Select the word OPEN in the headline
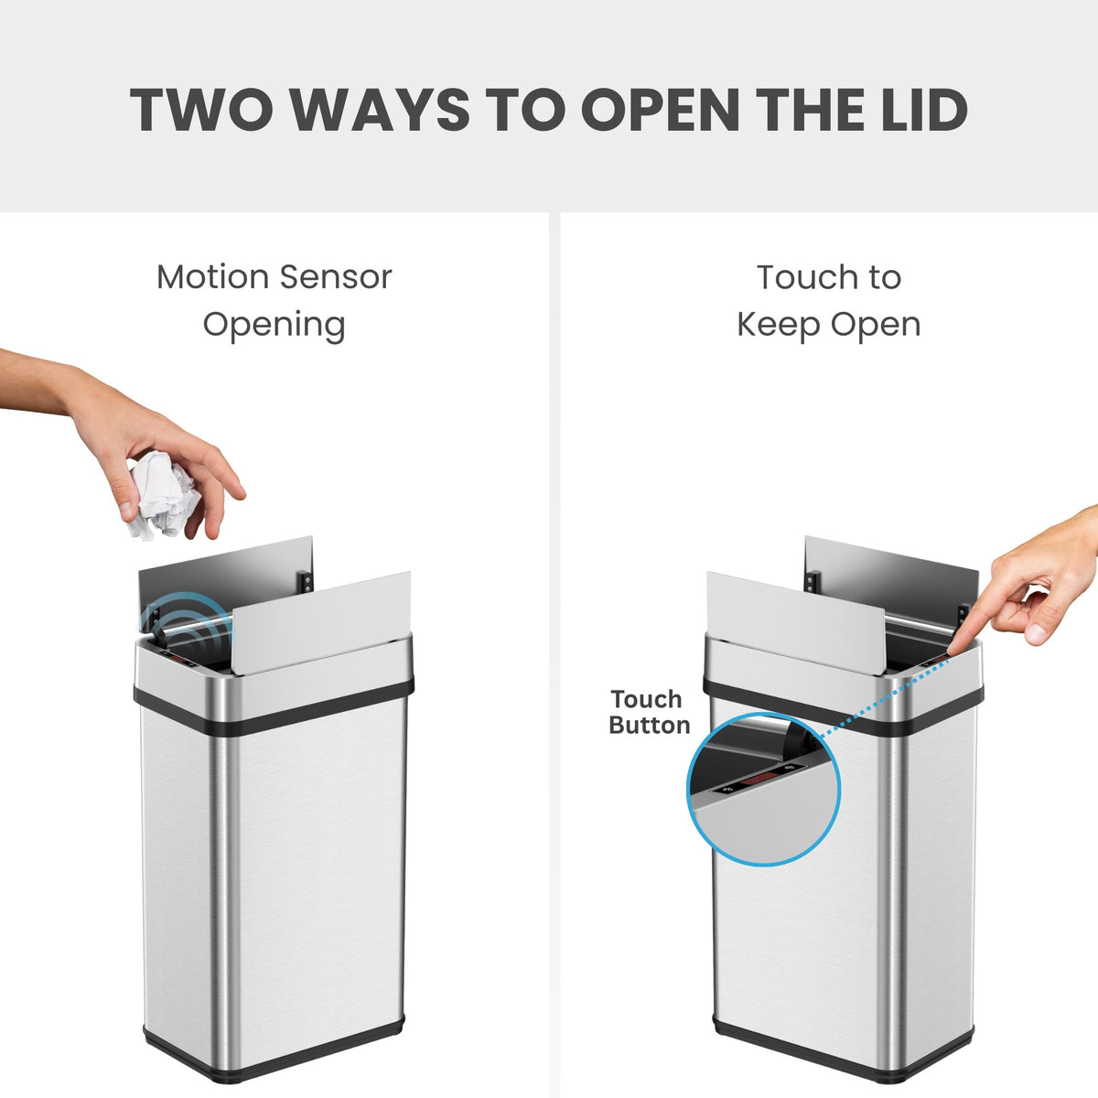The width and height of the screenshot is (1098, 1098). [x=660, y=110]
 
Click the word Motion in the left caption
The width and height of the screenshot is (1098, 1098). [x=212, y=276]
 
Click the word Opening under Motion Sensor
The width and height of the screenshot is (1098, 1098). [x=274, y=324]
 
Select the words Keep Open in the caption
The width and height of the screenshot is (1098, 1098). [x=828, y=324]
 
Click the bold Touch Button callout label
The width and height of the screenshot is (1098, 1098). [x=649, y=712]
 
